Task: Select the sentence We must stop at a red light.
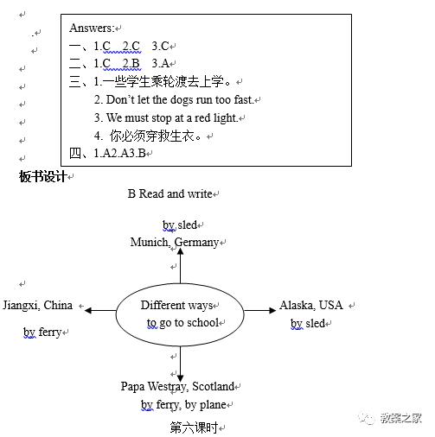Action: [x=172, y=118]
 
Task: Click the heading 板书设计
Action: [x=42, y=177]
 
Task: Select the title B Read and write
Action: [x=170, y=194]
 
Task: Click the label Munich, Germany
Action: [x=175, y=243]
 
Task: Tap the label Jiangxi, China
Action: [x=38, y=306]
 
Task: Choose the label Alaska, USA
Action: [x=311, y=306]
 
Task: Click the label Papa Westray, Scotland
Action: [x=177, y=387]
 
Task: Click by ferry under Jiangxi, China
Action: [x=42, y=332]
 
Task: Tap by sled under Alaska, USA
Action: [x=308, y=324]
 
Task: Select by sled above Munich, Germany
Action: [x=180, y=225]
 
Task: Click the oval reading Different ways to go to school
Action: [x=180, y=314]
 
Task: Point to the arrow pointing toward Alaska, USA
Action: [x=259, y=310]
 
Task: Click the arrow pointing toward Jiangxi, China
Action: [x=99, y=310]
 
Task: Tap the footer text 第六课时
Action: [x=193, y=427]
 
